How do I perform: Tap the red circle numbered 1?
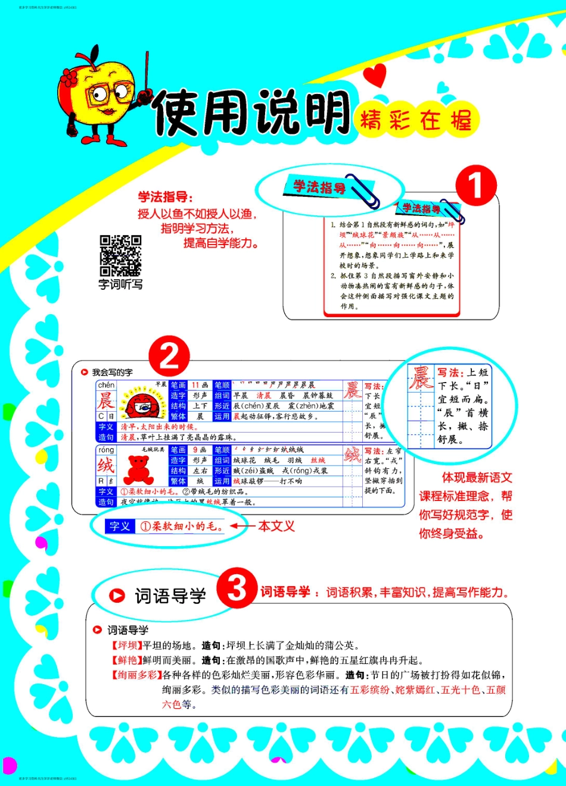tap(475, 186)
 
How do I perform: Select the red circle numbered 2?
tap(169, 356)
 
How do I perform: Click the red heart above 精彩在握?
tap(375, 76)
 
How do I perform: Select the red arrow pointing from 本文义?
tap(242, 526)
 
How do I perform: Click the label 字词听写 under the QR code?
tap(120, 284)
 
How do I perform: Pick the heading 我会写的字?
tap(112, 372)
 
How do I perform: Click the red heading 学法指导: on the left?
tap(166, 197)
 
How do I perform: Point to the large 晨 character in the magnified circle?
tap(421, 378)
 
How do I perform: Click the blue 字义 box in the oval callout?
tap(119, 527)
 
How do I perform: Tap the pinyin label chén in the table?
tap(106, 386)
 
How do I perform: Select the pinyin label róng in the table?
tap(106, 450)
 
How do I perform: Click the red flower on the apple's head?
tap(70, 77)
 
